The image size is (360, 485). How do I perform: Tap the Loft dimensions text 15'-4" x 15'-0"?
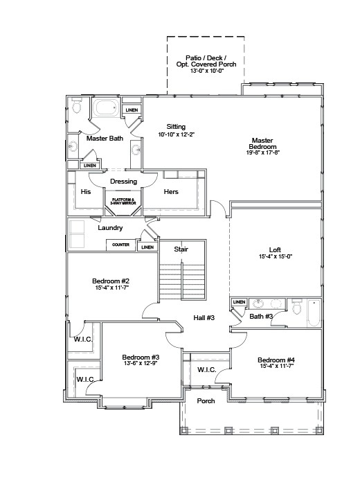tap(275, 257)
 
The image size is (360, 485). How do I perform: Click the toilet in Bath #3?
tap(296, 307)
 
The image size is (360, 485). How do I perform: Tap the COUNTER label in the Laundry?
tap(121, 245)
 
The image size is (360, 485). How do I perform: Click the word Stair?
tap(181, 249)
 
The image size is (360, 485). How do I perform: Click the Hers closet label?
tap(171, 192)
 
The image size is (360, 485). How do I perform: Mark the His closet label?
tap(86, 192)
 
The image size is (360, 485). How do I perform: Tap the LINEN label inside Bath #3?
tap(239, 303)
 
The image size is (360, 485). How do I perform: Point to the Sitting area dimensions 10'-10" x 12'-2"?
tap(176, 134)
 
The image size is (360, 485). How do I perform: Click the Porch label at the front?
tap(206, 401)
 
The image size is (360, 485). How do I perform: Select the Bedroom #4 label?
tap(276, 360)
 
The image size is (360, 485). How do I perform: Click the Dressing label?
tap(124, 182)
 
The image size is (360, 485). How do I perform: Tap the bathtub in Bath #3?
tap(313, 316)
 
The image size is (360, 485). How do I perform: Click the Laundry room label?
tap(111, 227)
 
